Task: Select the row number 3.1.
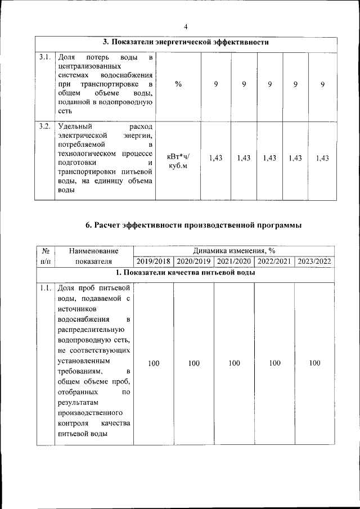click(45, 57)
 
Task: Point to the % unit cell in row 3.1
click(178, 84)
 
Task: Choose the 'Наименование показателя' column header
click(93, 256)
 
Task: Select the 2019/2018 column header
click(154, 262)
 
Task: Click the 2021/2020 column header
click(234, 262)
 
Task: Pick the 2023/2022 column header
click(314, 262)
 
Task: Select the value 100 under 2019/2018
click(154, 363)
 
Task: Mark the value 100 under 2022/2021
click(274, 363)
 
